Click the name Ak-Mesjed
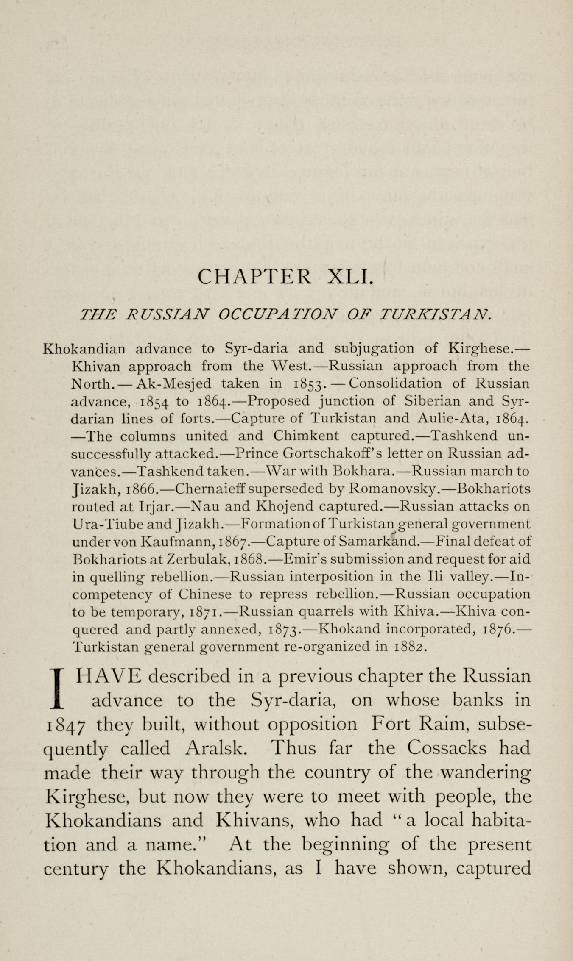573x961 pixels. tap(171, 383)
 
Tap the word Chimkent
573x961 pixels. tap(306, 436)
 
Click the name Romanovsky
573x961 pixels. tap(394, 489)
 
